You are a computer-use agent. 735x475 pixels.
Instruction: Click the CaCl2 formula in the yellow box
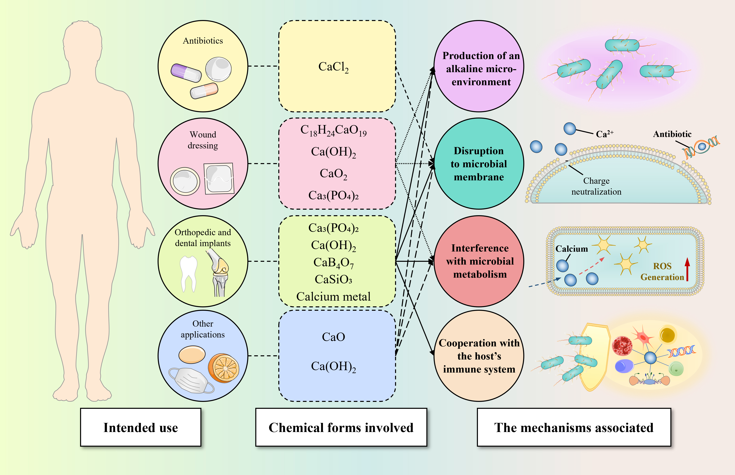(x=333, y=67)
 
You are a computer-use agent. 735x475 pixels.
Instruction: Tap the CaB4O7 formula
(x=333, y=263)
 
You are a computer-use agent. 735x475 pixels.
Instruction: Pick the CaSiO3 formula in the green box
(x=333, y=279)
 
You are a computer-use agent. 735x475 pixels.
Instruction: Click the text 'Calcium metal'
(x=333, y=297)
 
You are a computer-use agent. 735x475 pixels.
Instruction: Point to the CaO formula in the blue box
(x=333, y=337)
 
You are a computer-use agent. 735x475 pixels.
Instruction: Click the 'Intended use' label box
(x=141, y=427)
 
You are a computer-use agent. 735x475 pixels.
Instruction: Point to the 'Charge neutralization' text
(x=596, y=186)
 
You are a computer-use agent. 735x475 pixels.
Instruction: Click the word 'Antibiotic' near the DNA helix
(x=672, y=134)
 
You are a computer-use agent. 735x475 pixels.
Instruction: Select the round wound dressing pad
(x=185, y=181)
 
